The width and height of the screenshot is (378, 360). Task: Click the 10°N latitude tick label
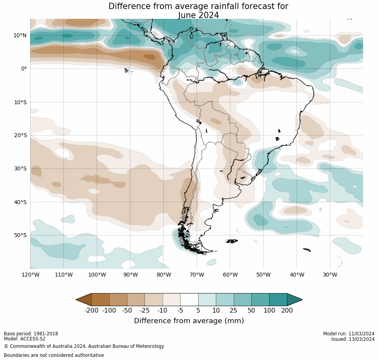20,35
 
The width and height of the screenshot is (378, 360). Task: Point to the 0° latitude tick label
24,69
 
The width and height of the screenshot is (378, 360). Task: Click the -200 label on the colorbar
91,311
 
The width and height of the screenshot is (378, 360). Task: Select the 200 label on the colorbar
287,311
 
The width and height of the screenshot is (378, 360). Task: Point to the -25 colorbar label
145,311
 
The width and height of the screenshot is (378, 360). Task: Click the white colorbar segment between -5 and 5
189,300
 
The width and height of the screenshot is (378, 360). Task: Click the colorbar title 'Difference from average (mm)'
189,321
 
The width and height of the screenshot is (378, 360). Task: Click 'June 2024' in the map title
198,15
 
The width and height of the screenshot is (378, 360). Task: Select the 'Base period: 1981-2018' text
31,334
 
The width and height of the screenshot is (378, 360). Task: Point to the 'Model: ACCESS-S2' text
25,339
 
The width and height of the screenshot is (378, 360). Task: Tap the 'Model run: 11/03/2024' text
349,334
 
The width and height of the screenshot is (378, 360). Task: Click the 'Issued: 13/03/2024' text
353,339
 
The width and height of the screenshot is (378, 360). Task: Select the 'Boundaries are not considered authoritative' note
54,355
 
